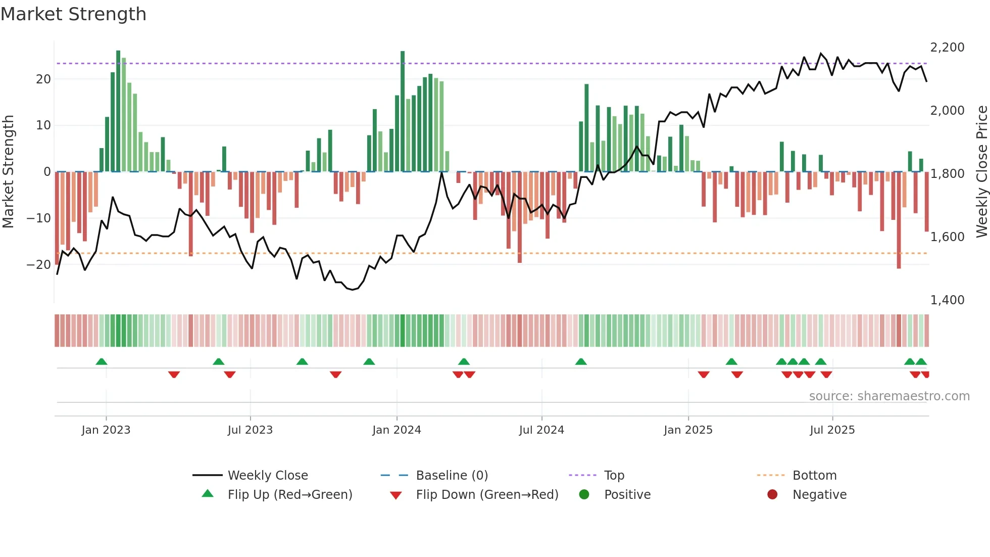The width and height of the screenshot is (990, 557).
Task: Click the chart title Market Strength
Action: click(73, 14)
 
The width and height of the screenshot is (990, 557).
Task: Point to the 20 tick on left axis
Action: click(43, 79)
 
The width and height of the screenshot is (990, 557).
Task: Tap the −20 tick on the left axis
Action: click(39, 265)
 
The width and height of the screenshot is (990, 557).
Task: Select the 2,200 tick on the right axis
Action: click(947, 48)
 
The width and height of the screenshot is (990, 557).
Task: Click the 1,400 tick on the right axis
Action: click(947, 300)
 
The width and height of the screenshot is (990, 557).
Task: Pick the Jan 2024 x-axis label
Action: click(397, 430)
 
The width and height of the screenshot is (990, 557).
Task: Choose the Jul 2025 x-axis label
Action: click(832, 430)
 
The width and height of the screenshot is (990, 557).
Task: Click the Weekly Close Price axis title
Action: click(981, 172)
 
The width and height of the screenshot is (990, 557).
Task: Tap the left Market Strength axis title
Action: click(9, 172)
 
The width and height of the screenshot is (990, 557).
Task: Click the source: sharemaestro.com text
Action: click(889, 396)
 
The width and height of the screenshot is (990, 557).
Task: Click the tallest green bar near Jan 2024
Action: click(403, 111)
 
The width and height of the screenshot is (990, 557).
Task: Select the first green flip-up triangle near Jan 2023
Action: click(102, 361)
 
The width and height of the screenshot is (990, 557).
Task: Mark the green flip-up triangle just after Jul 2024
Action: click(581, 361)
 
